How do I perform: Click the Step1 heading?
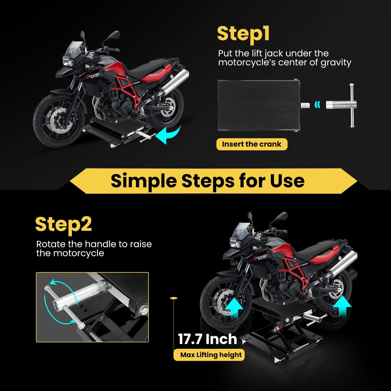(243, 34)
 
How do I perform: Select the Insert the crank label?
(252, 144)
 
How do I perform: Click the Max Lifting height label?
(211, 355)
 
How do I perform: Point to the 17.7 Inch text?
(207, 339)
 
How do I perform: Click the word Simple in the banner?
(143, 181)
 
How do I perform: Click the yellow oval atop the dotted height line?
(173, 298)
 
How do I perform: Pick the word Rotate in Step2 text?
(51, 244)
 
